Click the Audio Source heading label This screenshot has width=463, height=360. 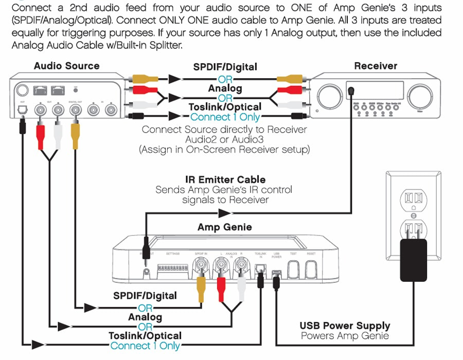click(66, 66)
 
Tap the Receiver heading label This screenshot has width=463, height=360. click(376, 66)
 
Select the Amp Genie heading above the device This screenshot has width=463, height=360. click(224, 227)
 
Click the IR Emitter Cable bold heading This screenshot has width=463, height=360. click(225, 179)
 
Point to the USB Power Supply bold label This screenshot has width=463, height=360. click(345, 326)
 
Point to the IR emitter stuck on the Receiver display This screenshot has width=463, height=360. click(351, 91)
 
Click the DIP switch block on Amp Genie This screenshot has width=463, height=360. click(173, 267)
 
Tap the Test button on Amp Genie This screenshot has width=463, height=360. click(293, 267)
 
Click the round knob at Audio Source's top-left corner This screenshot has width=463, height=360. click(22, 91)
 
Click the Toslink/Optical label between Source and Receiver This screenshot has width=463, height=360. click(225, 107)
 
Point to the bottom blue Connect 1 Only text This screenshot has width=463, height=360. click(145, 346)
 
